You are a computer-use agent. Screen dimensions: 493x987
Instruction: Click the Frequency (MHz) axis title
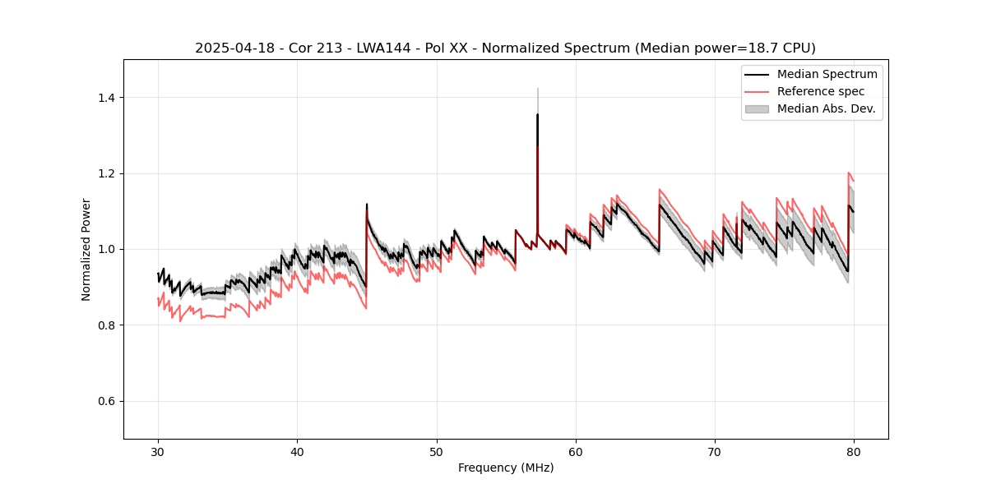(x=506, y=468)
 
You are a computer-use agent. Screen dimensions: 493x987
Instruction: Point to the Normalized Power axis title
(x=86, y=249)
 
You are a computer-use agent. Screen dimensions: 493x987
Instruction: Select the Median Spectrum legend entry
(x=827, y=74)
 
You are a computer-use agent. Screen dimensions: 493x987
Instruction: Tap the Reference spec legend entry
(x=821, y=91)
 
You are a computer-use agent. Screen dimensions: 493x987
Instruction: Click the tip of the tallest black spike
(x=537, y=114)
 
